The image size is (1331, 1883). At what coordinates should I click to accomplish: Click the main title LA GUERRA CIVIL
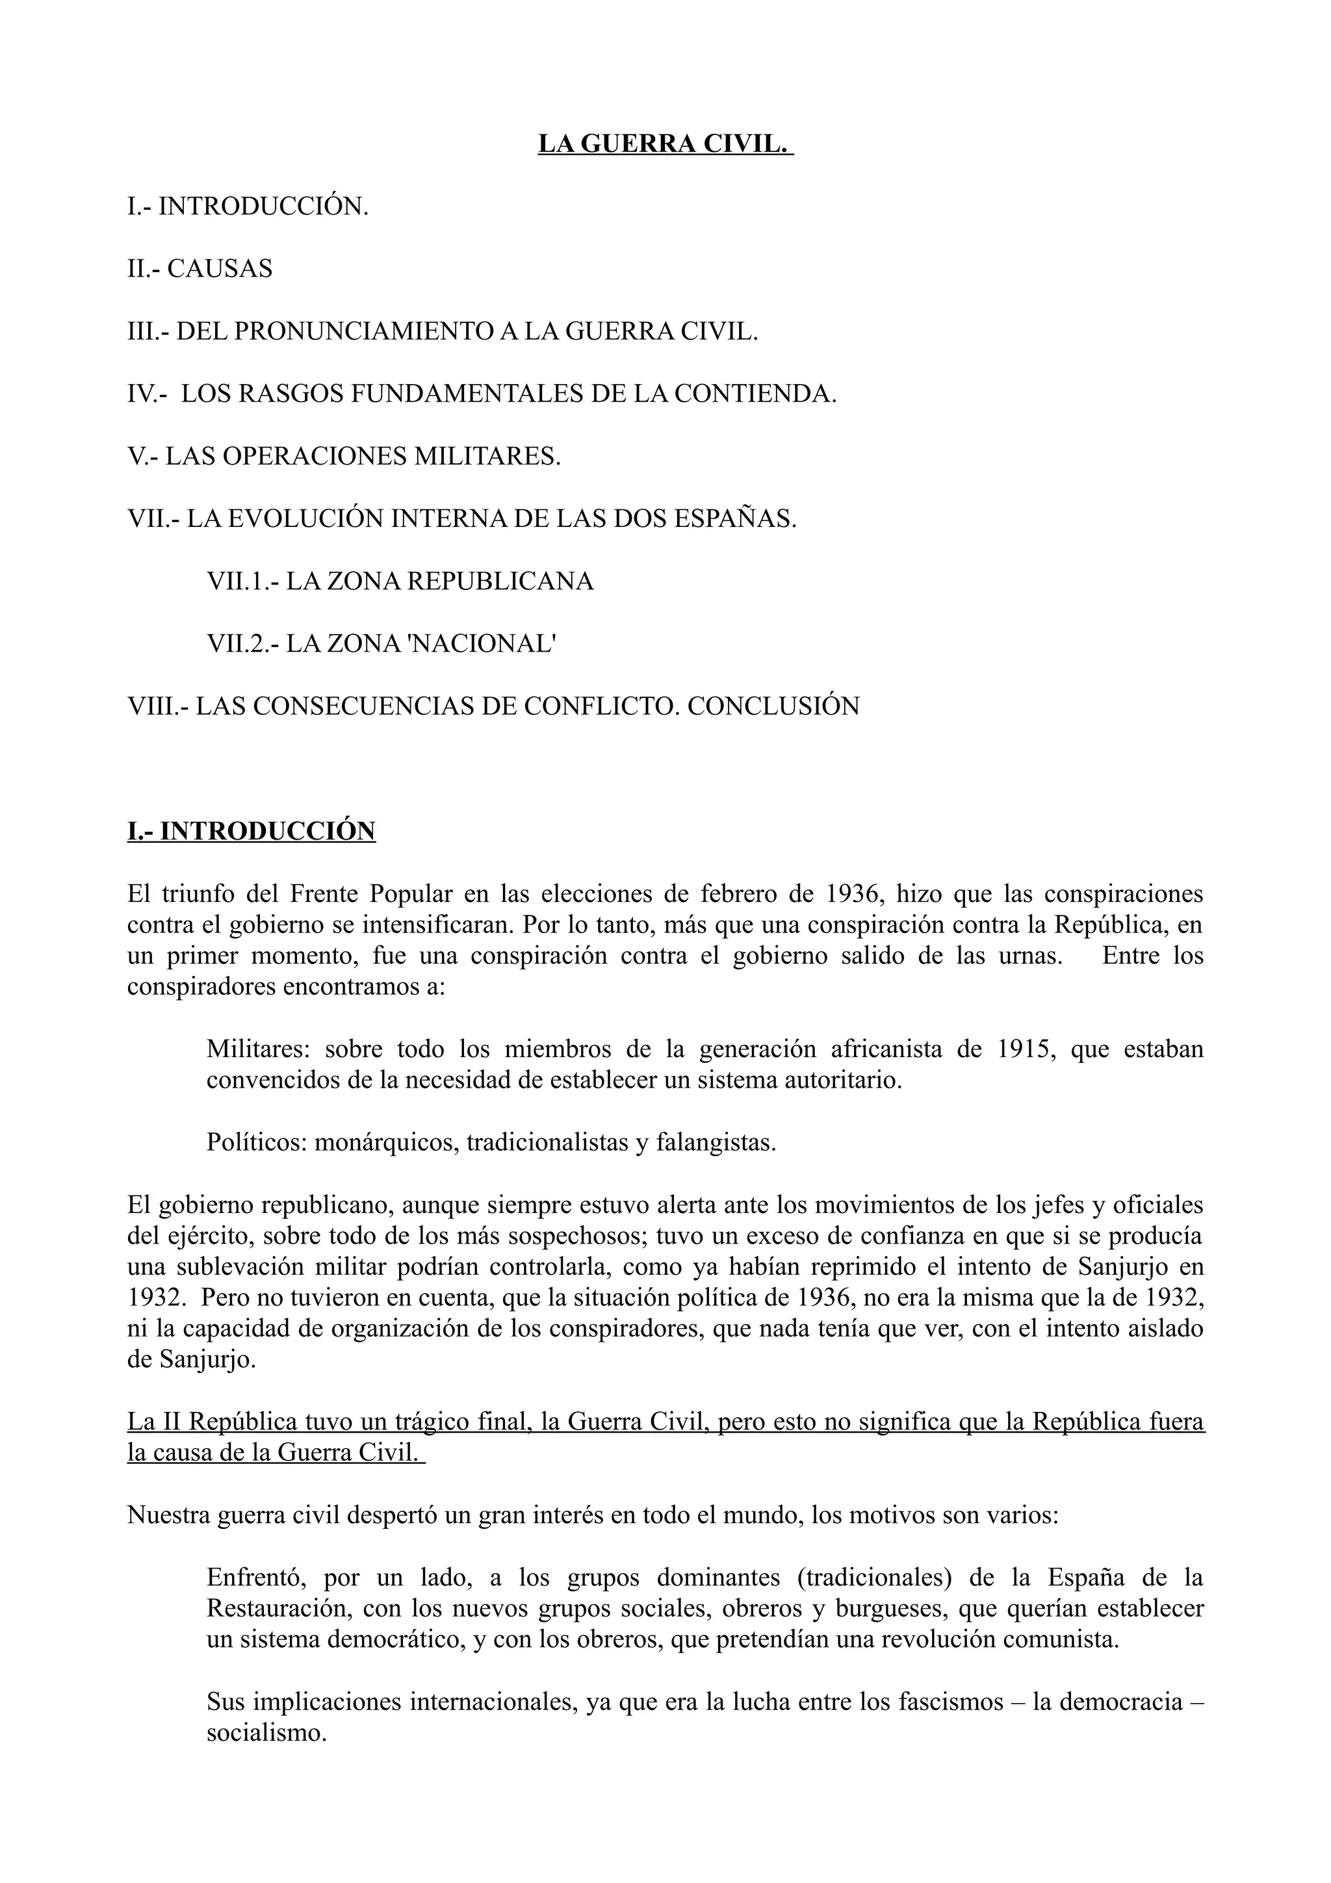click(665, 144)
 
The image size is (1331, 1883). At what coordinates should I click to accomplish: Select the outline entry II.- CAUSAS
click(200, 268)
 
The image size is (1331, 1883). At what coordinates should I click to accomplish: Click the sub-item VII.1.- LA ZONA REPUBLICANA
click(400, 582)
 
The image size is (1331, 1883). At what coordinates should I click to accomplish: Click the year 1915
click(1024, 1050)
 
